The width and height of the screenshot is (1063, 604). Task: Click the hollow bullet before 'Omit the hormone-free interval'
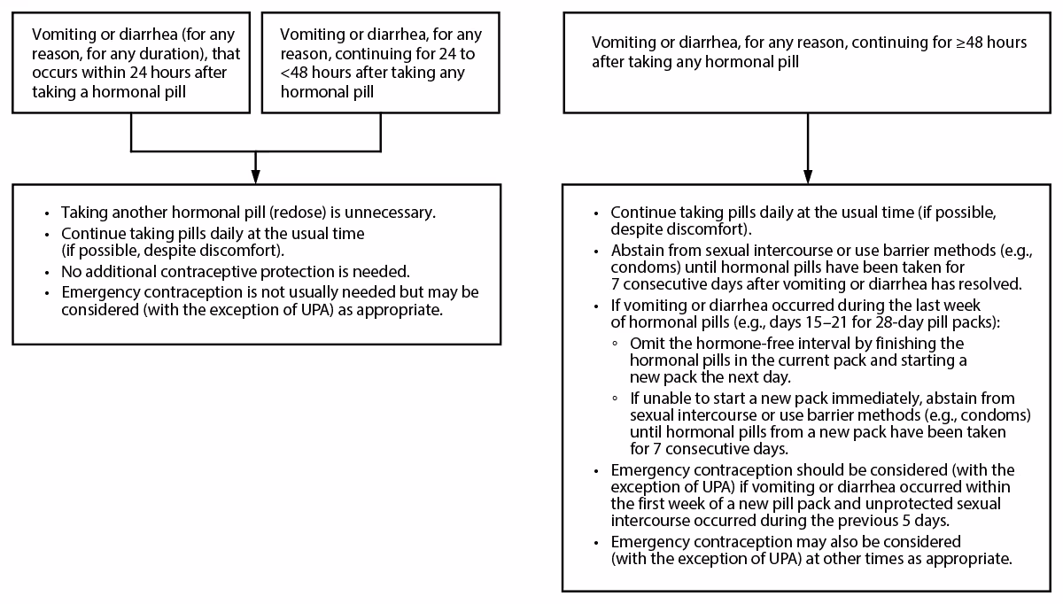tap(615, 343)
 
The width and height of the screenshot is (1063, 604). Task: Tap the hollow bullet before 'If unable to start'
tap(615, 399)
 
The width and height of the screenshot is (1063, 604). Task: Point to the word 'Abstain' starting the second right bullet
tap(635, 251)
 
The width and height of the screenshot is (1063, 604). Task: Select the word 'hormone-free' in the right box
tap(729, 343)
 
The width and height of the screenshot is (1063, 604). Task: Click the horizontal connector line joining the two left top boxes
tap(255, 150)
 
